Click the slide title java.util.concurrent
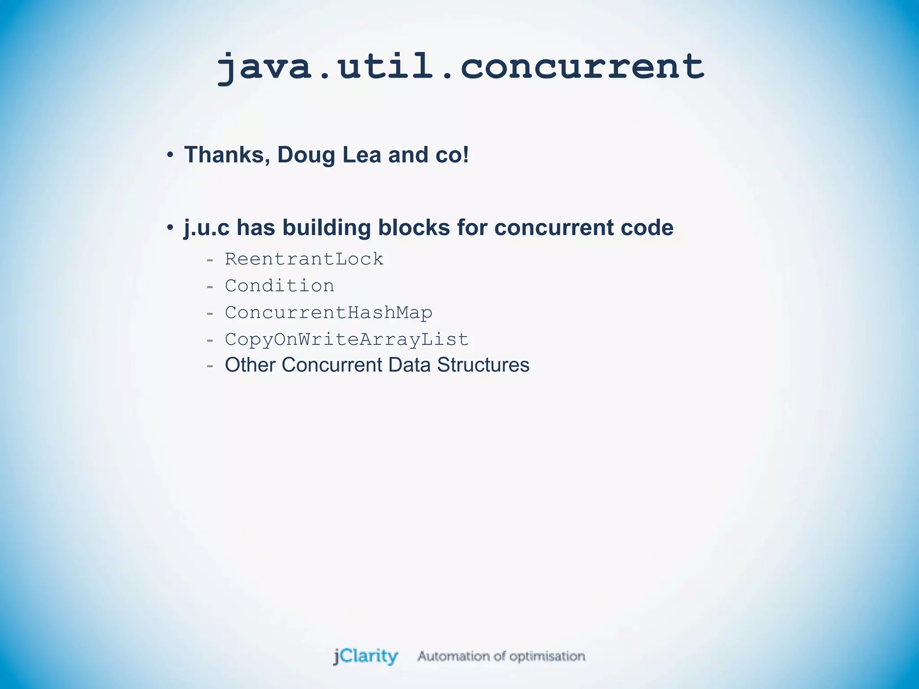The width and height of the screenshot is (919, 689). point(460,67)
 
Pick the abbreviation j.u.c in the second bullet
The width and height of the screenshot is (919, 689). point(206,228)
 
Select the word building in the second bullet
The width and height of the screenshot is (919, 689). point(326,228)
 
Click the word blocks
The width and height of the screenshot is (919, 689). point(414,228)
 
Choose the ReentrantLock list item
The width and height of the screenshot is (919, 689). point(304,259)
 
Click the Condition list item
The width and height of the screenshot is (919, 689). point(280,286)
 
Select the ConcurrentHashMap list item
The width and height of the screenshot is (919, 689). point(328,313)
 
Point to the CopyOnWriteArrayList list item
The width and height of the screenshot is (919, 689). point(347,340)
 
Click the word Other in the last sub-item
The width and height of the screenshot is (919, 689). point(250,365)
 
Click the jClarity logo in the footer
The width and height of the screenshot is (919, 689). point(366,656)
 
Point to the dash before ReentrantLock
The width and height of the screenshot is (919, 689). point(210,260)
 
